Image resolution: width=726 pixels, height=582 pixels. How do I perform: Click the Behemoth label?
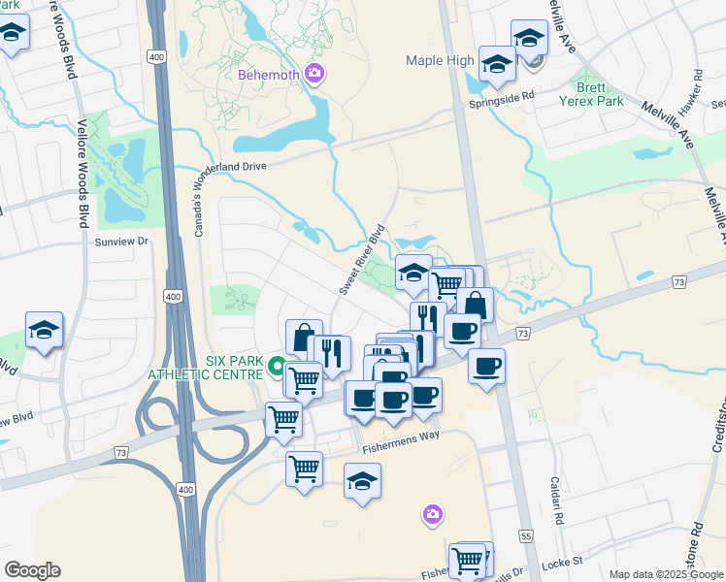[x=267, y=75]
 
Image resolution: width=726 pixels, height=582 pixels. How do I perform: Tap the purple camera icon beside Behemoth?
[x=313, y=73]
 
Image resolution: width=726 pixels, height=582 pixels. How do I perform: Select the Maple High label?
[x=440, y=61]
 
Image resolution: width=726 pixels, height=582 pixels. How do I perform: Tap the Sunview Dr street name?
[x=121, y=241]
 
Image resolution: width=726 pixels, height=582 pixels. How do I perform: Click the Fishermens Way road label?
[x=401, y=435]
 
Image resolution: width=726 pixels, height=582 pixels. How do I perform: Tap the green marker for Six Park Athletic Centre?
[x=277, y=367]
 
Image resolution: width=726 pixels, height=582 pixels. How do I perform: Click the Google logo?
[x=32, y=570]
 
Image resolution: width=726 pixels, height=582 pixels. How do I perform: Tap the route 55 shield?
[x=526, y=535]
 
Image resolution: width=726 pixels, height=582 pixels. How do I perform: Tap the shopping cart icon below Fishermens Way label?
[x=305, y=469]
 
